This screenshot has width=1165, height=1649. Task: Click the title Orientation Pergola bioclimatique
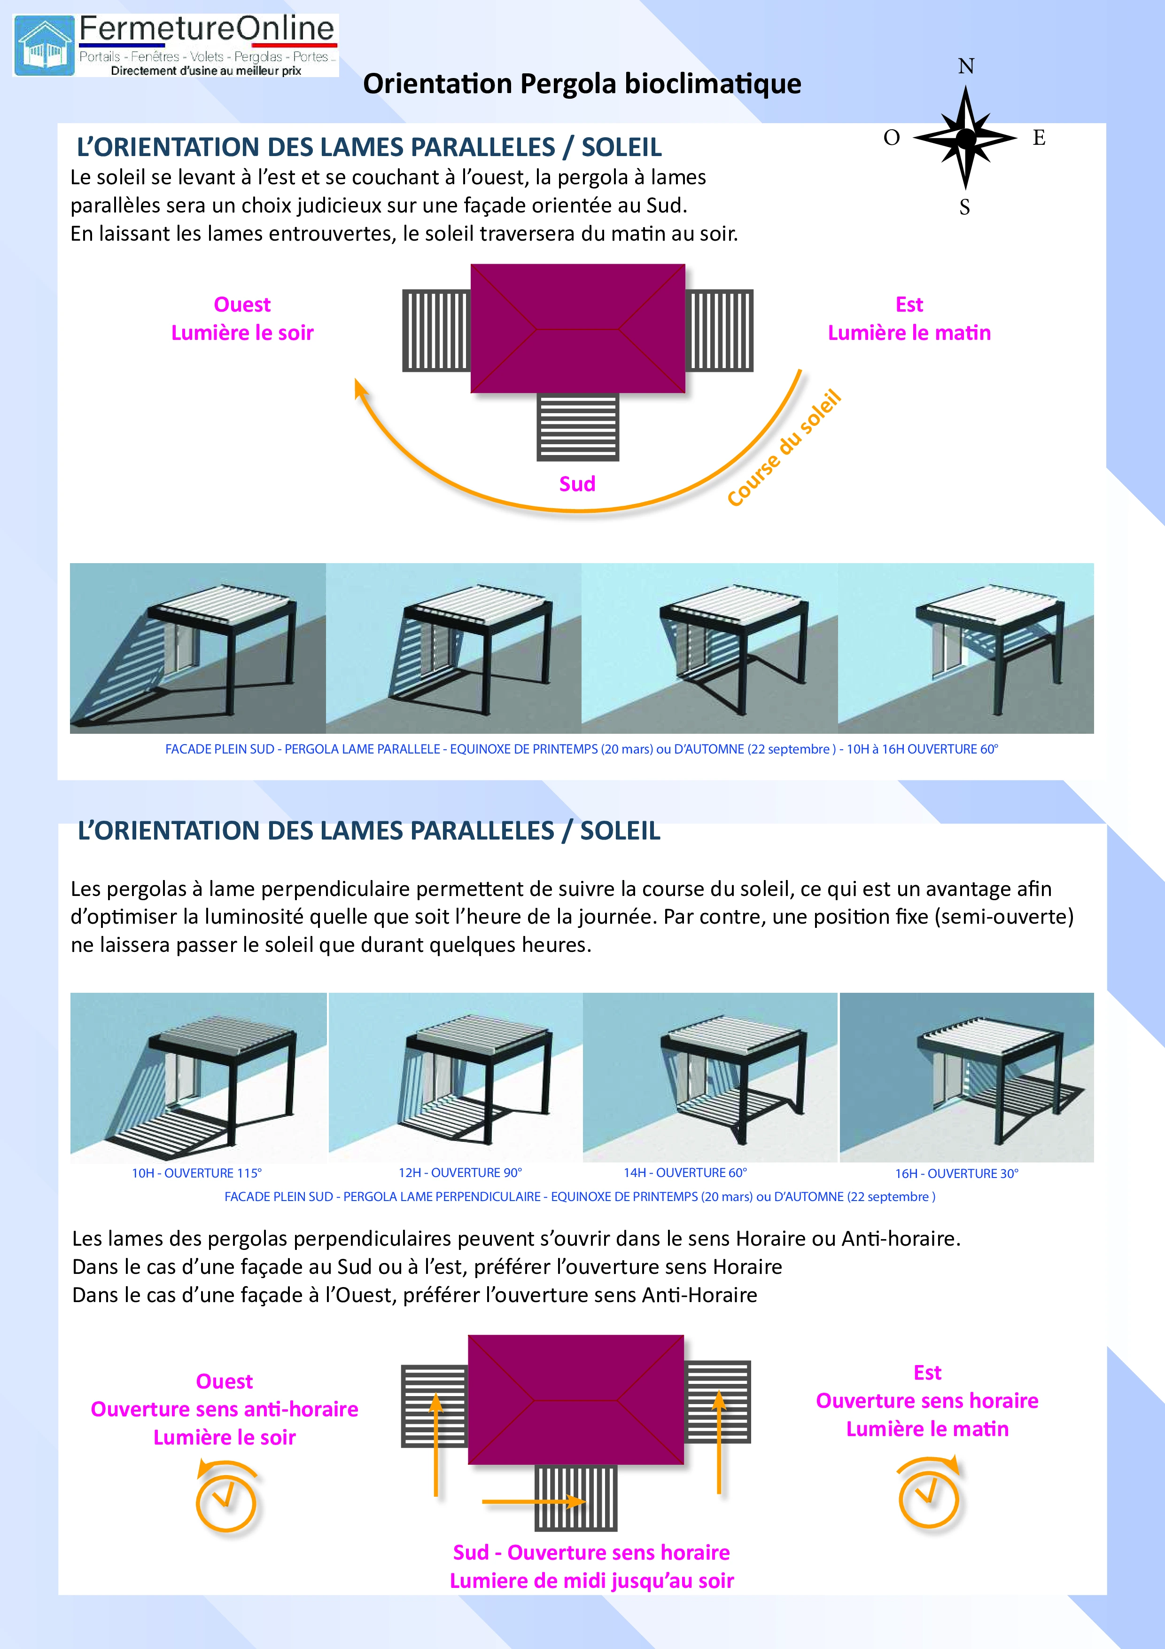coord(582,84)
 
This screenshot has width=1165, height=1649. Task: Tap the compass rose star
coord(965,137)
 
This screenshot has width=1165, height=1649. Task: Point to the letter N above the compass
coord(966,67)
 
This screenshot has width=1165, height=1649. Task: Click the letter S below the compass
coord(965,208)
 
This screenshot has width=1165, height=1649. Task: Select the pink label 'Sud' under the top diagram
coord(577,484)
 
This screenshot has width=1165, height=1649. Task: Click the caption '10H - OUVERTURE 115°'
coord(197,1173)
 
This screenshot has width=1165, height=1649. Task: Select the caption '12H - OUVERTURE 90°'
coord(460,1172)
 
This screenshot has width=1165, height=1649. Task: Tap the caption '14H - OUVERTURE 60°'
coord(685,1172)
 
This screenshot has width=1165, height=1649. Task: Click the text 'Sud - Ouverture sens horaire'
coord(591,1553)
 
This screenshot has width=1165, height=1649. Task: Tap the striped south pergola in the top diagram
coord(578,427)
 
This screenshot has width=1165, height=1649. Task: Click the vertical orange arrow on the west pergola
coord(436,1445)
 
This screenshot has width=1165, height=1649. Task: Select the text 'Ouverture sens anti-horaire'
coord(225,1409)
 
